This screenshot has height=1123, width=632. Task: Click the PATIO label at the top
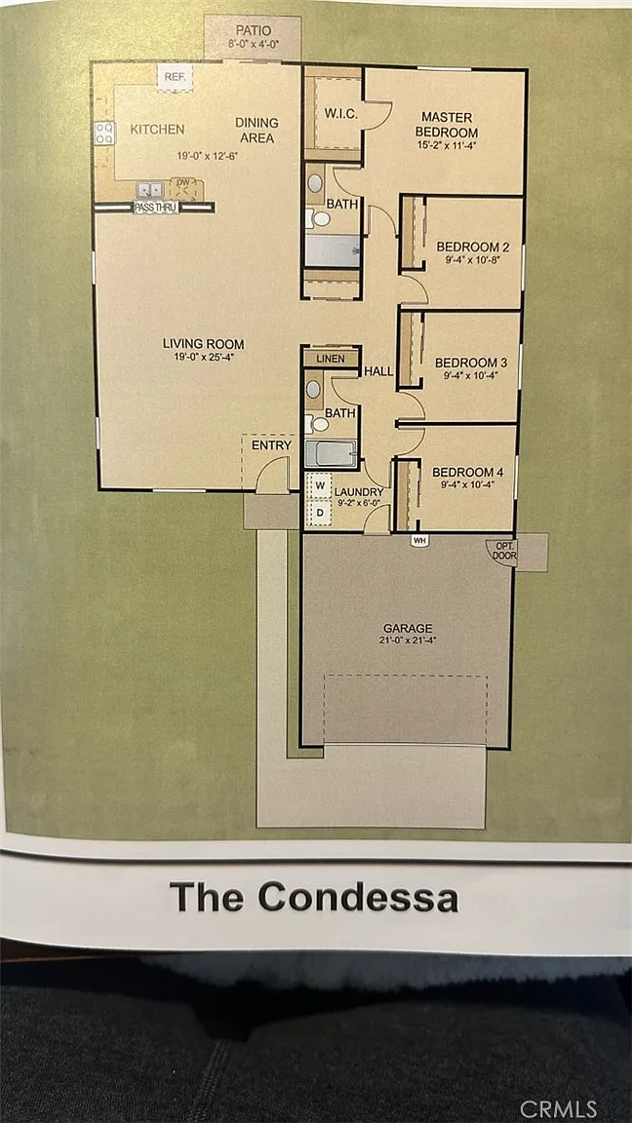(254, 31)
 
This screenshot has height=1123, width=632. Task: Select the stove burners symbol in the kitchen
(104, 133)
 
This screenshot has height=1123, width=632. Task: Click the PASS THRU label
(155, 208)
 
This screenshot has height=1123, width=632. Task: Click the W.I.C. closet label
(336, 114)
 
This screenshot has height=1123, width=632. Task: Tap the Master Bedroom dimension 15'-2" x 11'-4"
(447, 145)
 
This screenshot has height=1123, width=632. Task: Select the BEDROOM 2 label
(468, 247)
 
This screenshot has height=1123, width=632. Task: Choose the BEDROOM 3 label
(466, 362)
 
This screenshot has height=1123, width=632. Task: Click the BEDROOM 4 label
(463, 472)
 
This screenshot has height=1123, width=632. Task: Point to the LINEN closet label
(330, 359)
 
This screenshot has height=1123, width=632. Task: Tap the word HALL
(378, 371)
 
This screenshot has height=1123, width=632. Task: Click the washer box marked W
(320, 486)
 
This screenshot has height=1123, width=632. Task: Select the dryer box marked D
(320, 512)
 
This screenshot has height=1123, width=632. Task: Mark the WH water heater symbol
(419, 541)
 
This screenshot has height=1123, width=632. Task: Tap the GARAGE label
(407, 628)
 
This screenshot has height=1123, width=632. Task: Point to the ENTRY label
(271, 445)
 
